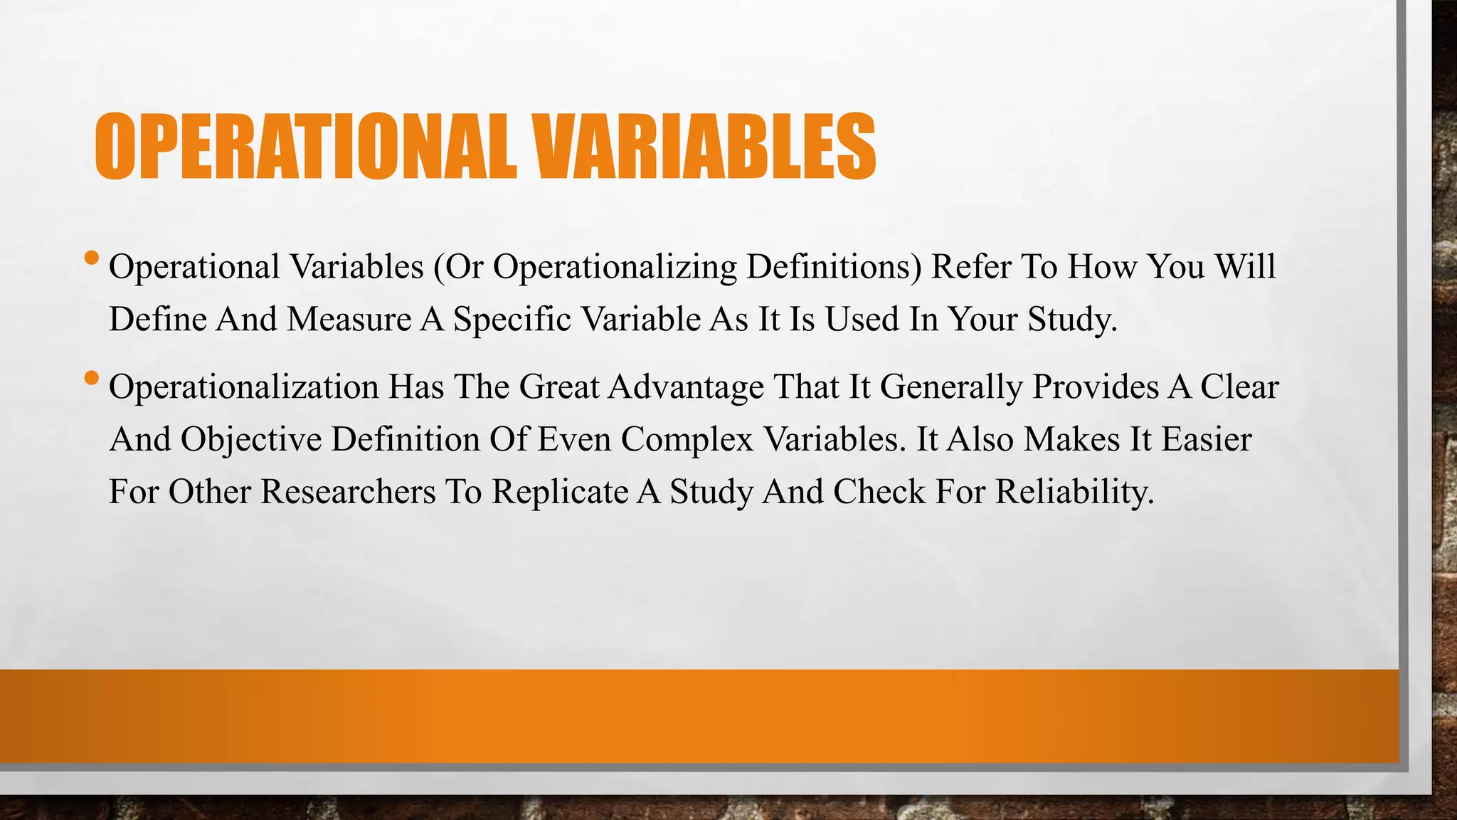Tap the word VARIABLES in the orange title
[704, 147]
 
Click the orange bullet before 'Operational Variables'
[91, 257]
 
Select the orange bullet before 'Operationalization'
[91, 377]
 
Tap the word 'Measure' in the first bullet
[349, 319]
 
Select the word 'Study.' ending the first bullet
[1073, 319]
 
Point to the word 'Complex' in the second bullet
[687, 440]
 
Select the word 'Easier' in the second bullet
[1207, 438]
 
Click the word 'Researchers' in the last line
[348, 491]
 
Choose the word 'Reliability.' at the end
[1074, 491]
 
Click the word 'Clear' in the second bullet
[1239, 387]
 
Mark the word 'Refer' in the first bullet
[971, 267]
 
